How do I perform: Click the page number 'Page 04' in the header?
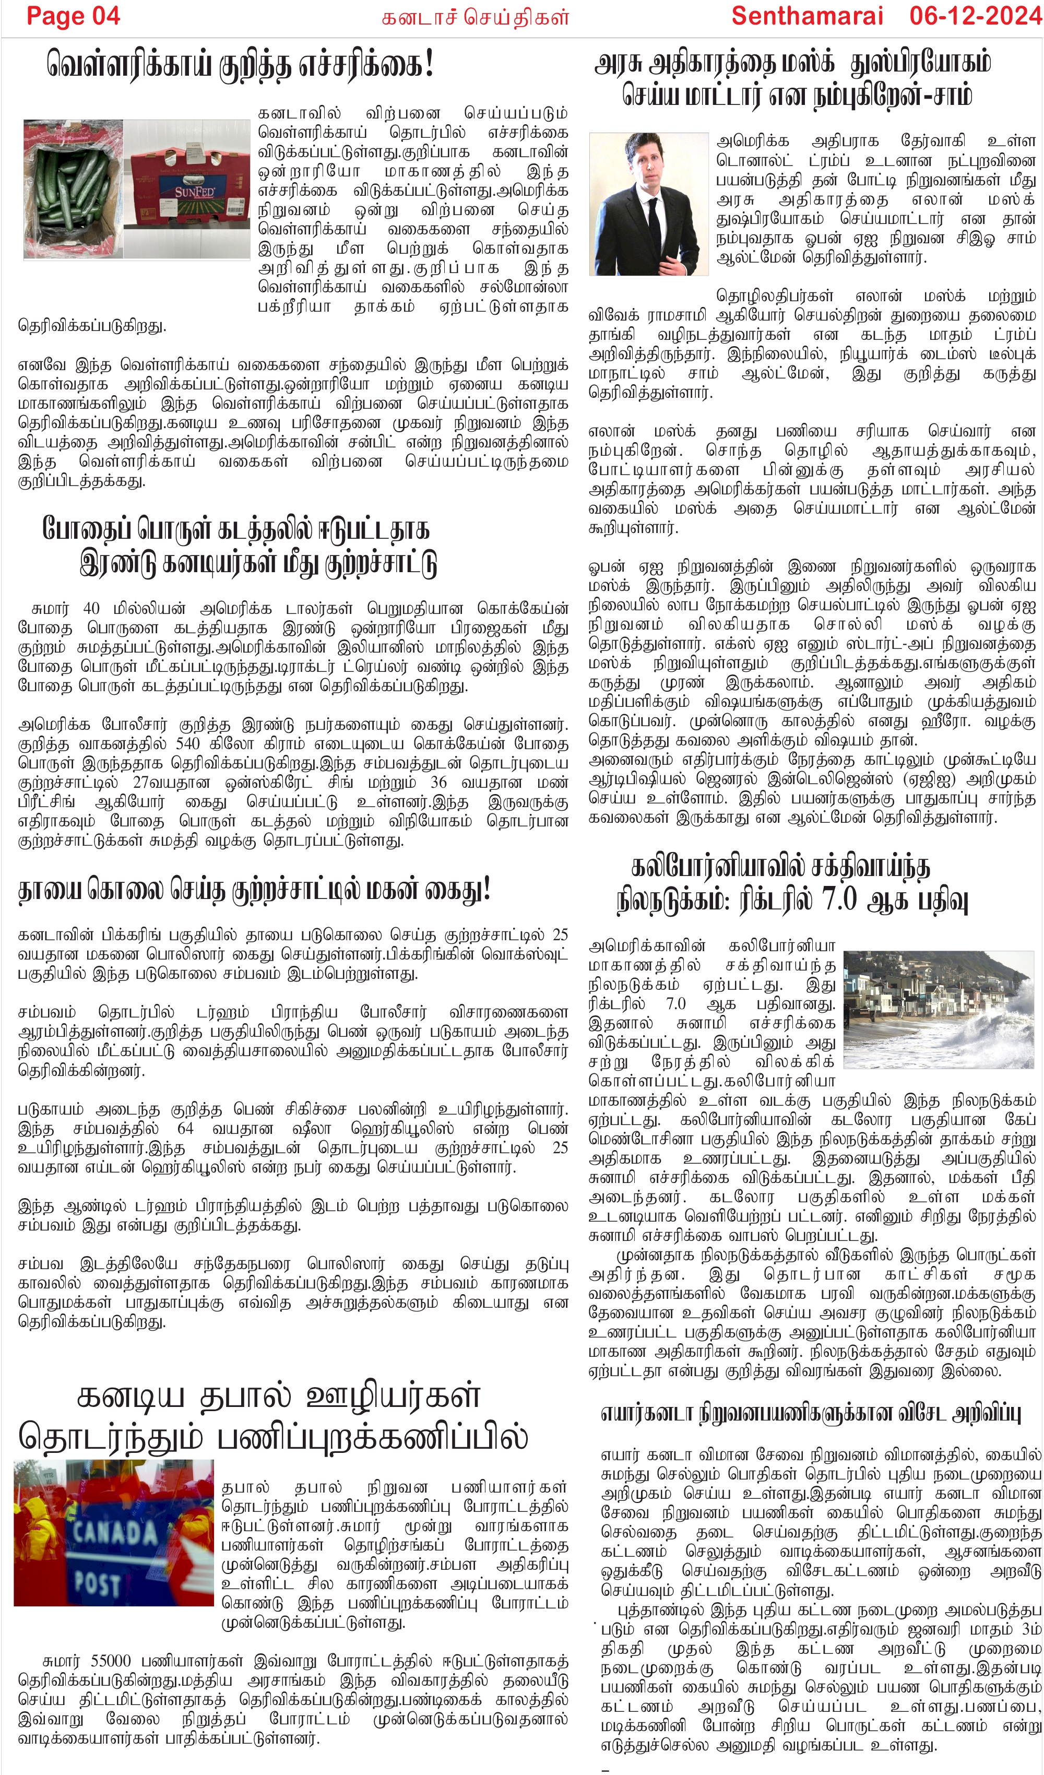coord(73,16)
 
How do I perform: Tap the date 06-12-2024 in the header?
coord(975,16)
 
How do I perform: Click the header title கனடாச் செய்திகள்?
coord(475,18)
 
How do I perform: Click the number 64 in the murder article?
coord(186,1128)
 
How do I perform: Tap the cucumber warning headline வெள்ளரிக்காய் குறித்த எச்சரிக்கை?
coord(240,65)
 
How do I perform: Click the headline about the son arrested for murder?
coord(254,890)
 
